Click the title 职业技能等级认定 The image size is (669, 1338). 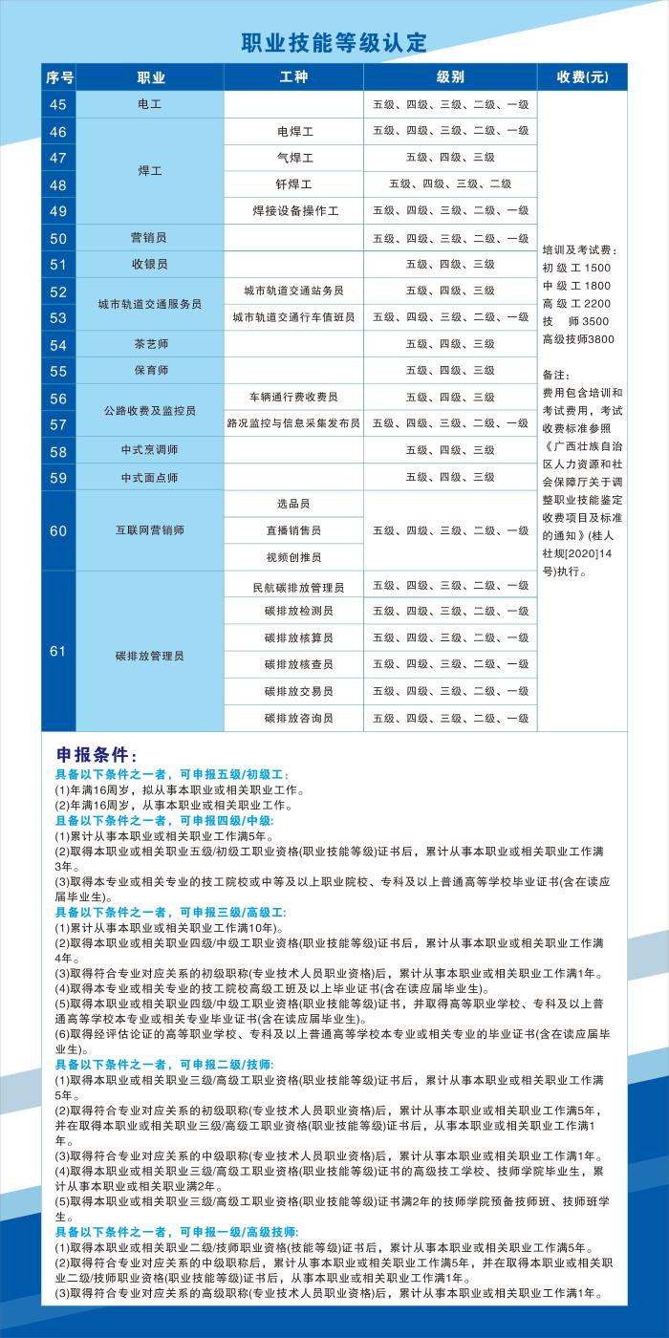click(334, 43)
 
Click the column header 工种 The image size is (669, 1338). click(293, 77)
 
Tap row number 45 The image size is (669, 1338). click(58, 104)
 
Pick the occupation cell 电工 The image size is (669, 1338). click(150, 104)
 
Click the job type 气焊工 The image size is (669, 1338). click(294, 158)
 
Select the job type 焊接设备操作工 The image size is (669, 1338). click(294, 211)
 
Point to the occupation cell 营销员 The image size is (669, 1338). click(150, 238)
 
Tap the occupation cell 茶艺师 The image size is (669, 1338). click(150, 344)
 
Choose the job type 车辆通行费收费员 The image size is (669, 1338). click(293, 397)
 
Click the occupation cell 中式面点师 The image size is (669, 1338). click(150, 477)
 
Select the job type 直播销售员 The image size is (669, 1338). click(293, 530)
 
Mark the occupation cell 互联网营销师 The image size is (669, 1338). click(150, 530)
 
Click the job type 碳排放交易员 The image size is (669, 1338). click(293, 691)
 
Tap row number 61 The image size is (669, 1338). click(58, 652)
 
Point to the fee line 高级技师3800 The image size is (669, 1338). click(578, 339)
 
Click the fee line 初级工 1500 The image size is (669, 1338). click(576, 268)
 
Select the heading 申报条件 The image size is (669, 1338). click(97, 756)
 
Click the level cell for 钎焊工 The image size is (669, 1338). click(450, 183)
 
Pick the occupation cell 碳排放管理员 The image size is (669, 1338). click(150, 656)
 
